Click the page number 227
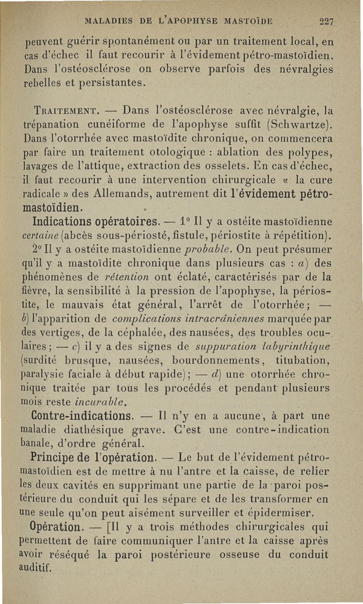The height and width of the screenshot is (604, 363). (x=327, y=20)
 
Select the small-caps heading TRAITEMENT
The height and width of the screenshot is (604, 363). (x=58, y=110)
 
